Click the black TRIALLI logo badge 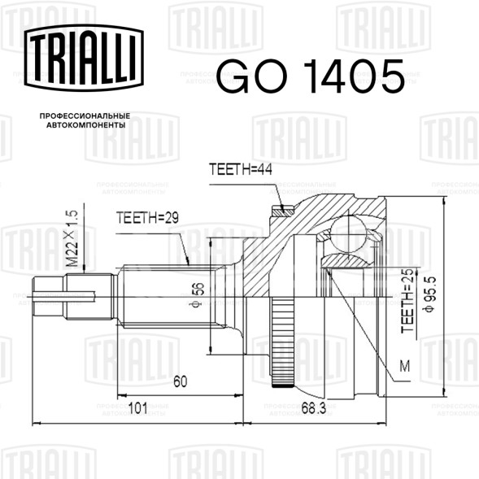click(x=84, y=58)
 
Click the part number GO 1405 click(x=311, y=76)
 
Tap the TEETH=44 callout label click(x=241, y=169)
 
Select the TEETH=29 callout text click(x=147, y=218)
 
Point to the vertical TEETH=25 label click(x=407, y=301)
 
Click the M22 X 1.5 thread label click(x=72, y=238)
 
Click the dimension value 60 click(x=181, y=381)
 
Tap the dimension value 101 click(x=137, y=408)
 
